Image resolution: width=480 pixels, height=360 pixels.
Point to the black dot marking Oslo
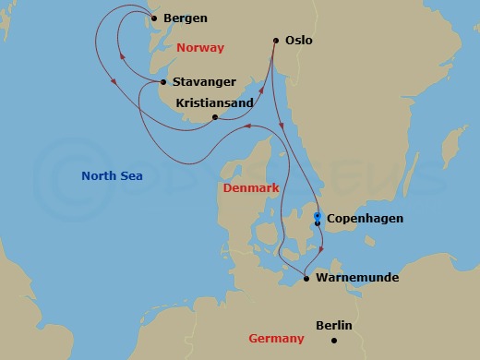tap(276, 40)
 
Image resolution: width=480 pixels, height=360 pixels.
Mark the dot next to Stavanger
tap(163, 82)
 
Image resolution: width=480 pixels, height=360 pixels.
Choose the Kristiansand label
tap(214, 103)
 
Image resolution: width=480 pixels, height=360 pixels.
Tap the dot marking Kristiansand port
tap(215, 117)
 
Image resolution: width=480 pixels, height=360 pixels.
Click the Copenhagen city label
tap(365, 219)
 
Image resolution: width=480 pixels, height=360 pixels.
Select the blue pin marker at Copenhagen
tap(318, 216)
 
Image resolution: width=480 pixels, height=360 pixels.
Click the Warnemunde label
tap(356, 276)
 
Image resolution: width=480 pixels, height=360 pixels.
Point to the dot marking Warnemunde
tap(306, 276)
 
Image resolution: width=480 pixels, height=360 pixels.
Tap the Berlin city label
tap(334, 326)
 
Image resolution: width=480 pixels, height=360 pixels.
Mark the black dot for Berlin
tap(334, 340)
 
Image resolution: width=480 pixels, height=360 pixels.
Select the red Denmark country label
tap(250, 188)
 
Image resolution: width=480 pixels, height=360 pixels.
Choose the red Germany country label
tap(277, 339)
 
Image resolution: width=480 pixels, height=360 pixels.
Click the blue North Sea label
tap(112, 175)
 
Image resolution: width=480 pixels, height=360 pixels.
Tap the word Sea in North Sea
tap(131, 175)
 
